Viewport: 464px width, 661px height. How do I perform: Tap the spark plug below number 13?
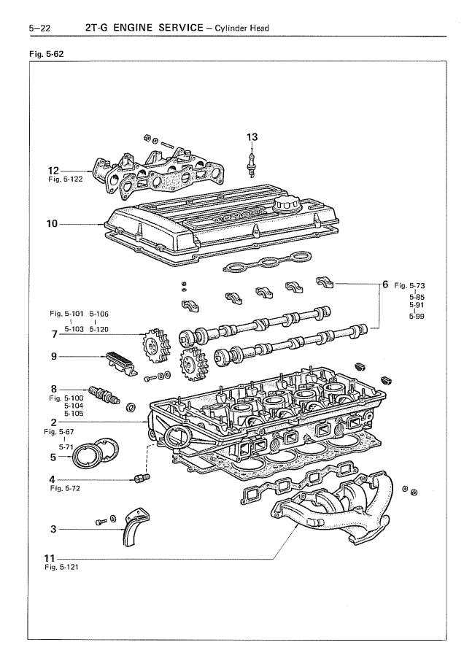tap(252, 163)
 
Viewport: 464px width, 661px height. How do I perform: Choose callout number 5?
tap(52, 457)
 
